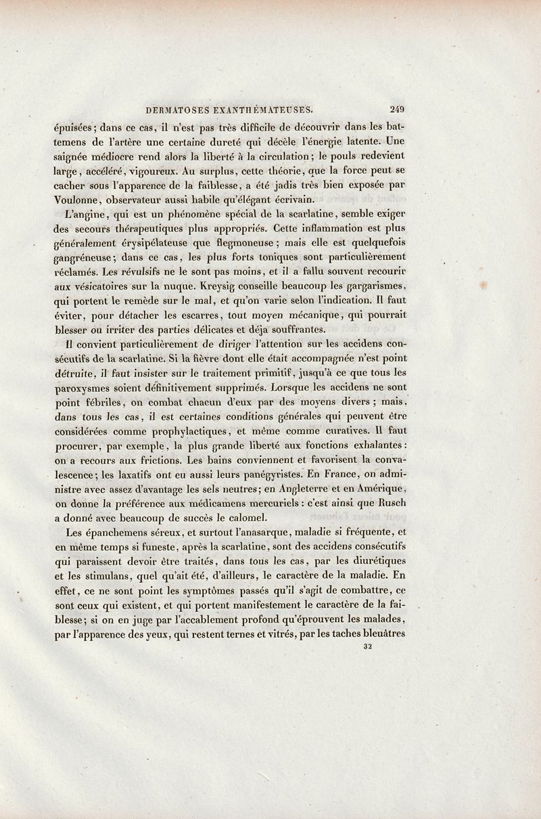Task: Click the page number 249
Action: [x=397, y=107]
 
